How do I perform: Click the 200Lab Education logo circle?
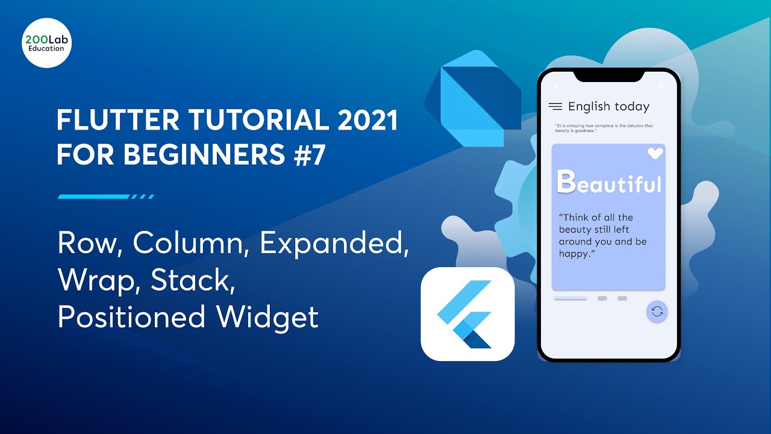tap(46, 42)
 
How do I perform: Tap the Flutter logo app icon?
tap(467, 314)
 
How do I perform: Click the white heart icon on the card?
tap(655, 154)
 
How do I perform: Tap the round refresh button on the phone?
tap(657, 311)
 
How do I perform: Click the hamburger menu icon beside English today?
tap(555, 107)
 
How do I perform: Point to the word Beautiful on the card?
tap(609, 183)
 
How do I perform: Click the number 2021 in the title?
tap(368, 121)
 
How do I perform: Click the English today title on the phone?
tap(608, 107)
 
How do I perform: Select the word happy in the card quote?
tap(573, 254)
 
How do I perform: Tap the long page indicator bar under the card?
tap(570, 298)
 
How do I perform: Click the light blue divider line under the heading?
tap(105, 197)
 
